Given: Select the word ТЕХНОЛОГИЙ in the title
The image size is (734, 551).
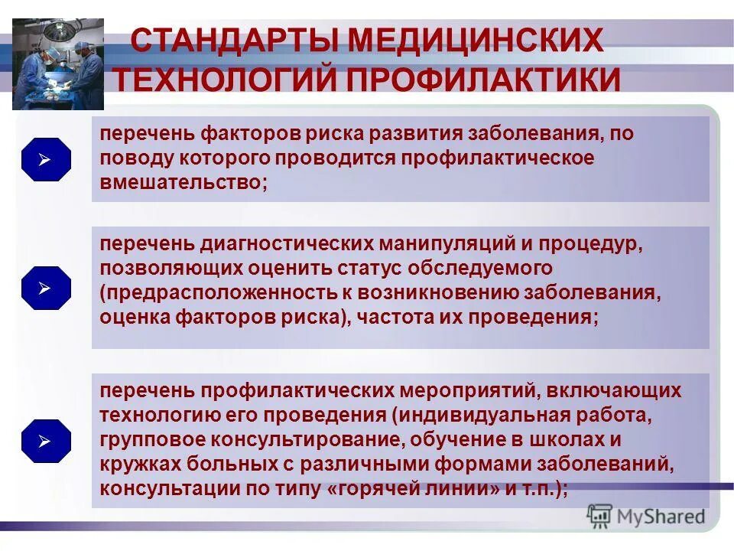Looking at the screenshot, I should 227,80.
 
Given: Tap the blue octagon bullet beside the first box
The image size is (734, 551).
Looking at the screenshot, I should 46,160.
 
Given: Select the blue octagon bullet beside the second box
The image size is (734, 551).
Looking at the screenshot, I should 46,289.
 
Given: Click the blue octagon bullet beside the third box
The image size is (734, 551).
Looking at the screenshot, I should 46,442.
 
